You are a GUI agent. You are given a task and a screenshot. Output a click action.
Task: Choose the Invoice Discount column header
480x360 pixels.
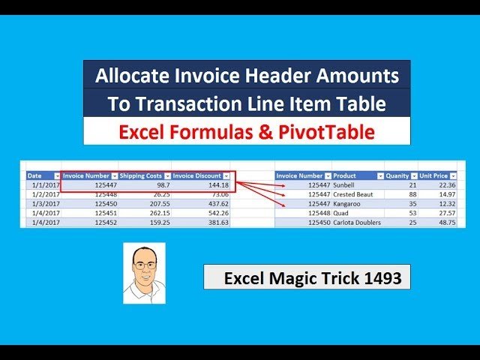(196, 175)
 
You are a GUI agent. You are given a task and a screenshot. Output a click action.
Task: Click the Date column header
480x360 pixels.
(35, 175)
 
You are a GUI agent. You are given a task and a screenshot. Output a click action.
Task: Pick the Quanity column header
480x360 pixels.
(397, 175)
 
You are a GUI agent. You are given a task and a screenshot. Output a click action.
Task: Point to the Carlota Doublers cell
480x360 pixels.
(357, 223)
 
